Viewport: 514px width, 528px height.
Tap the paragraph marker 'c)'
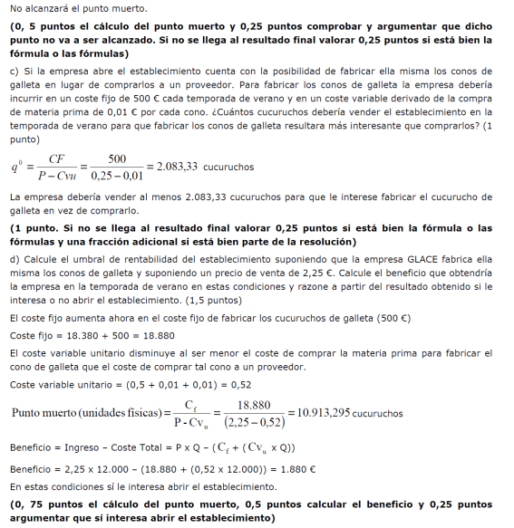click(14, 71)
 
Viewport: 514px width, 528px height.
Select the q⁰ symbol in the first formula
click(18, 168)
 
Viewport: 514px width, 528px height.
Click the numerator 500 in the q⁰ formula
click(116, 158)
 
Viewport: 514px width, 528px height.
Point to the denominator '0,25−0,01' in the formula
click(117, 175)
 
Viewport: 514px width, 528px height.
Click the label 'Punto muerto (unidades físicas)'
click(88, 413)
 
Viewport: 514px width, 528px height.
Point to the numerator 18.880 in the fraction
click(255, 405)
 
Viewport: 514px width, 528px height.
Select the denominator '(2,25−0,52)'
click(255, 421)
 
